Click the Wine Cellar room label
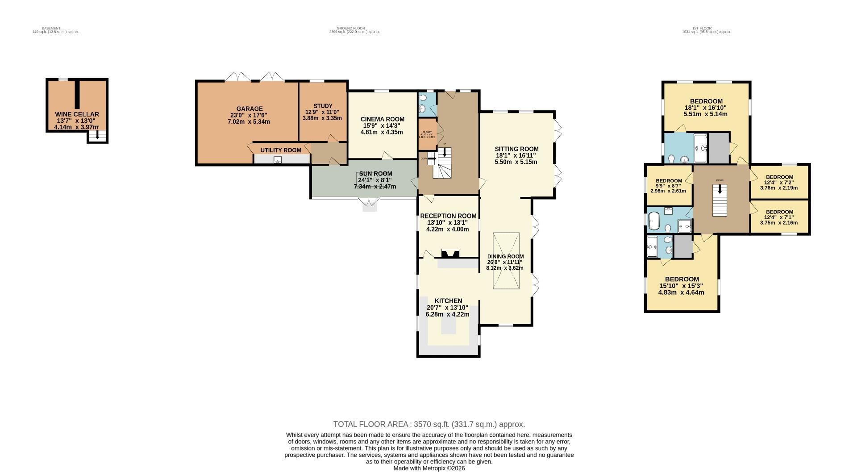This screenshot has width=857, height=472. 77,114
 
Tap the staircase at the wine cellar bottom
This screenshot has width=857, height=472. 97,136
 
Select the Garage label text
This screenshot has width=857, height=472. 250,109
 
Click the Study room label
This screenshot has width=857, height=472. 322,106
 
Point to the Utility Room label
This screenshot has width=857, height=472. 281,150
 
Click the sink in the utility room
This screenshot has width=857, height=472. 278,159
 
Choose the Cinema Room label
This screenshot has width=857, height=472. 382,119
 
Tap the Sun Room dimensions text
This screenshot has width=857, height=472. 375,184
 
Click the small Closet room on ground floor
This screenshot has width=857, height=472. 427,134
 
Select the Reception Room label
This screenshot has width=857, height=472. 448,216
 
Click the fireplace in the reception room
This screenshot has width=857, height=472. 449,254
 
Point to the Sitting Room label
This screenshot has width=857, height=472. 516,149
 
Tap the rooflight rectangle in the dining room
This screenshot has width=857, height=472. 506,261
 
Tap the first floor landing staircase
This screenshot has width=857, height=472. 719,201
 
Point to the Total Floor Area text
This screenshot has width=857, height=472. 428,424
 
